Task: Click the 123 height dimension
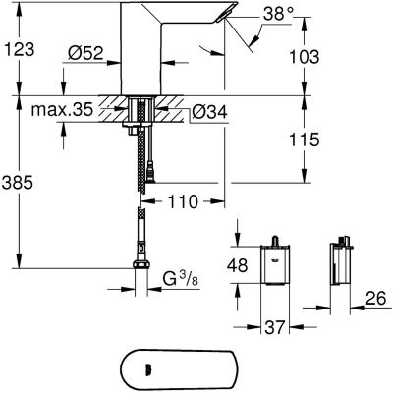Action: (23, 46)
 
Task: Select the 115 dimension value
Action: (307, 140)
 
